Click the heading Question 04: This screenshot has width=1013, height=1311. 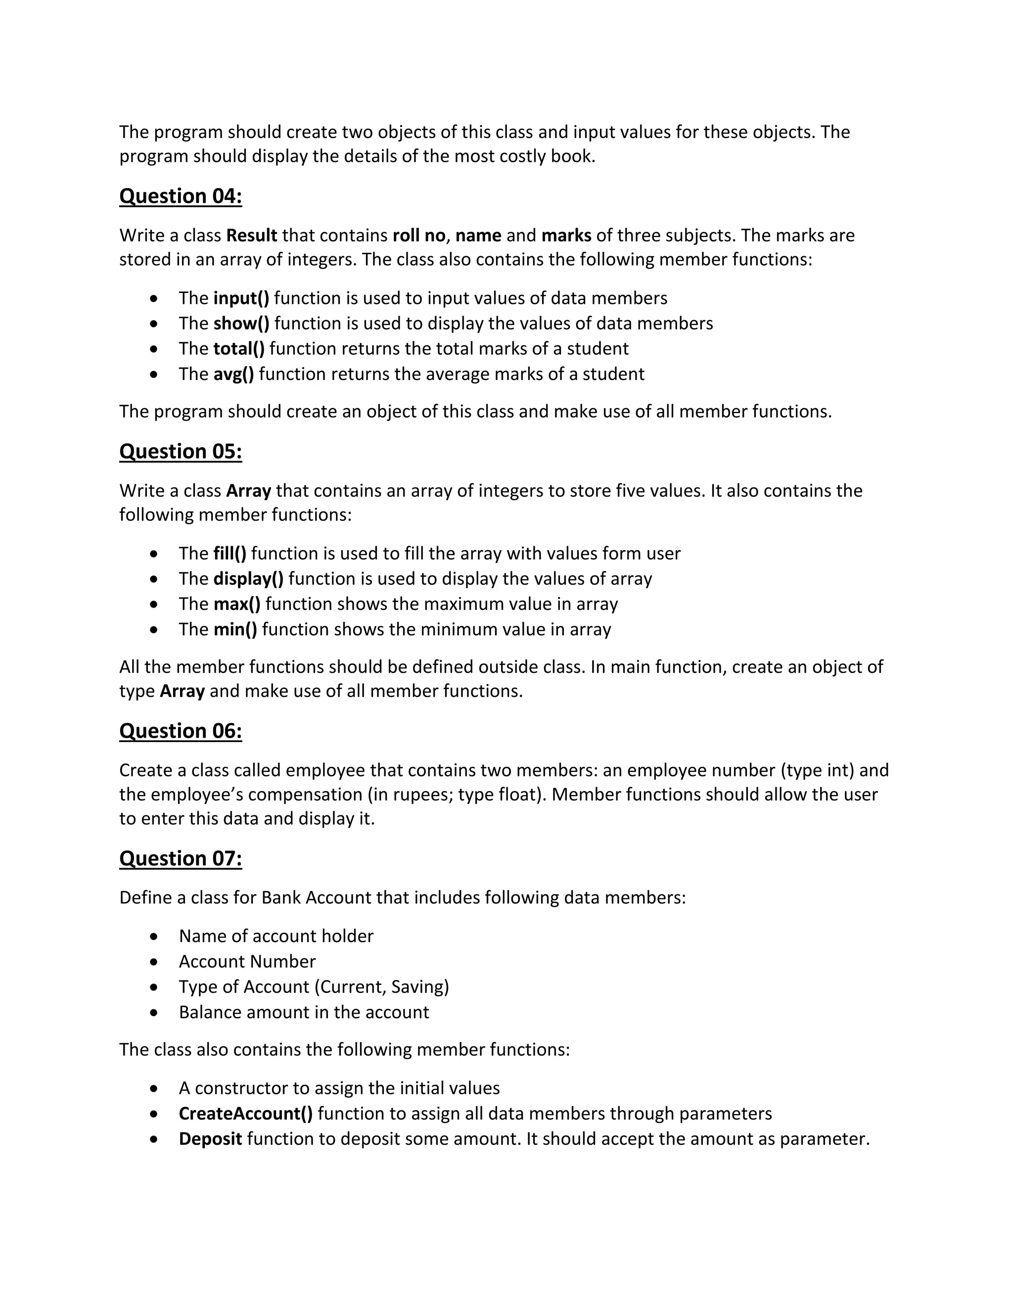tap(180, 196)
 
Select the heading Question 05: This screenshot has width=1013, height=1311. tap(180, 451)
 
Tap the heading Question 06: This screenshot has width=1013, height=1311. tap(180, 731)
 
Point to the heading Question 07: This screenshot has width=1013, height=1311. tap(180, 858)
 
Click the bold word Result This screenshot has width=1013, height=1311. tap(251, 235)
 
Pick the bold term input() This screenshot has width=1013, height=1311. tap(241, 298)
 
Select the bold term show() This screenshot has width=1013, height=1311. tap(241, 324)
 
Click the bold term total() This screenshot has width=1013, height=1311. tap(239, 349)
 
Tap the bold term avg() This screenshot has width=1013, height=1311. tap(233, 374)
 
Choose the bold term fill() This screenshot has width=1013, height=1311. tap(230, 554)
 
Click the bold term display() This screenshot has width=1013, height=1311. tap(248, 579)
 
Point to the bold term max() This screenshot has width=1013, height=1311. tap(237, 604)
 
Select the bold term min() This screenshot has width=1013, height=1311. tap(235, 629)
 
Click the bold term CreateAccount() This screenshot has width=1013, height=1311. tap(245, 1114)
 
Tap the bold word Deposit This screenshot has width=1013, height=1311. tap(210, 1139)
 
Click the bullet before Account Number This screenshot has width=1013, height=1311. tap(155, 962)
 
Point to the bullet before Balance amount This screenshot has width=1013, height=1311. tap(155, 1013)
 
